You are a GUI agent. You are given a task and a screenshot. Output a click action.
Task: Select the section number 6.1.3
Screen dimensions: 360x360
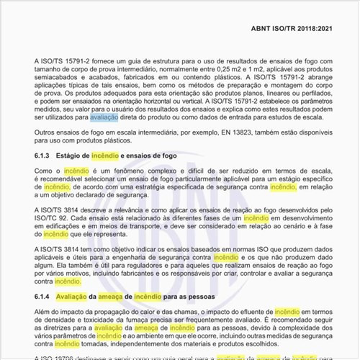pyautogui.click(x=44, y=156)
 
